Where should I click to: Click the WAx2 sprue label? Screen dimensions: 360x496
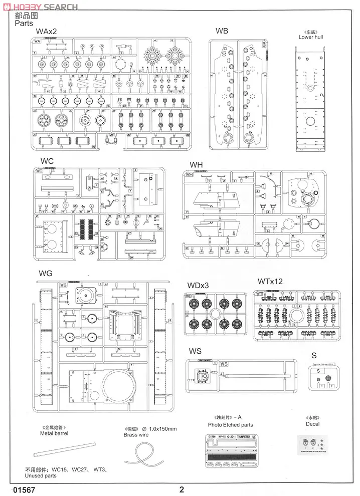click(x=47, y=32)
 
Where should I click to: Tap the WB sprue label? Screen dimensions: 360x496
click(x=222, y=31)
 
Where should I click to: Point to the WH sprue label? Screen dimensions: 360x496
click(x=197, y=165)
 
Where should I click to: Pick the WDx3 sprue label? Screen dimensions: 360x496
click(x=198, y=286)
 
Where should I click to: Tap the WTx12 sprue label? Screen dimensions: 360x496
click(x=270, y=282)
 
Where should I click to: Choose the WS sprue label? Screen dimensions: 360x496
click(x=195, y=351)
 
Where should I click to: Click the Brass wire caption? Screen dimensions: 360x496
click(x=136, y=435)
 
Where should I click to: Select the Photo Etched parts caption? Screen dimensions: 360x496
click(x=231, y=425)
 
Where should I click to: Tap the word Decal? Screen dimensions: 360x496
click(x=312, y=424)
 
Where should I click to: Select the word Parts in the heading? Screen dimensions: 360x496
click(x=24, y=23)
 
